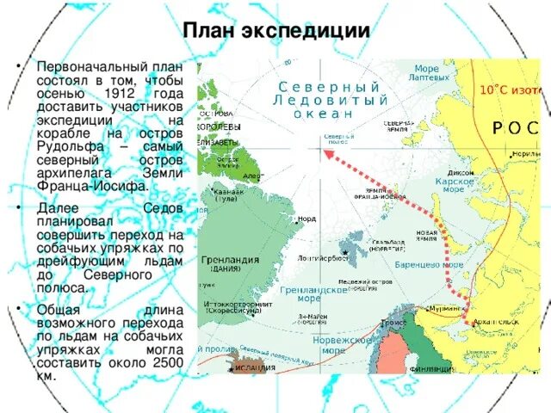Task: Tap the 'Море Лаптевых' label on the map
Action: [x=426, y=73]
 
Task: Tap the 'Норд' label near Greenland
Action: [x=306, y=219]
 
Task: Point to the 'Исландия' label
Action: [x=256, y=368]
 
